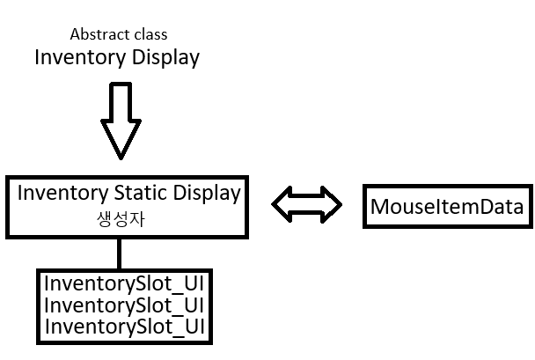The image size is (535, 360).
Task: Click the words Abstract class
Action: tap(118, 35)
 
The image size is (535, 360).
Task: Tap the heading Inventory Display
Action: tap(117, 58)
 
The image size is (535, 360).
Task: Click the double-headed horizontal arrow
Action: tap(306, 203)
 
